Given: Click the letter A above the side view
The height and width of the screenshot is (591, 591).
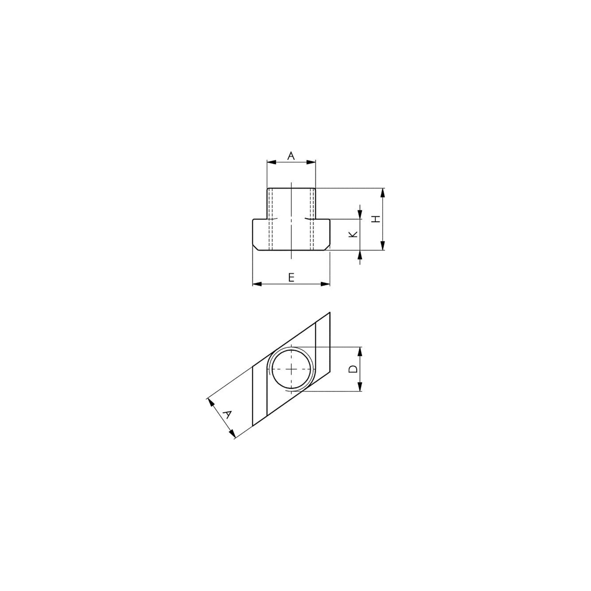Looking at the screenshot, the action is (x=291, y=156).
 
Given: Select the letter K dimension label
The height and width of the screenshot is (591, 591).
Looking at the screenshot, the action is (x=353, y=234).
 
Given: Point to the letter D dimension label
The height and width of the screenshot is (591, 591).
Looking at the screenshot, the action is (x=353, y=369).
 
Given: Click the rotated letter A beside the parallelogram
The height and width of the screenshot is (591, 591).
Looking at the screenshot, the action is (x=227, y=415).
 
